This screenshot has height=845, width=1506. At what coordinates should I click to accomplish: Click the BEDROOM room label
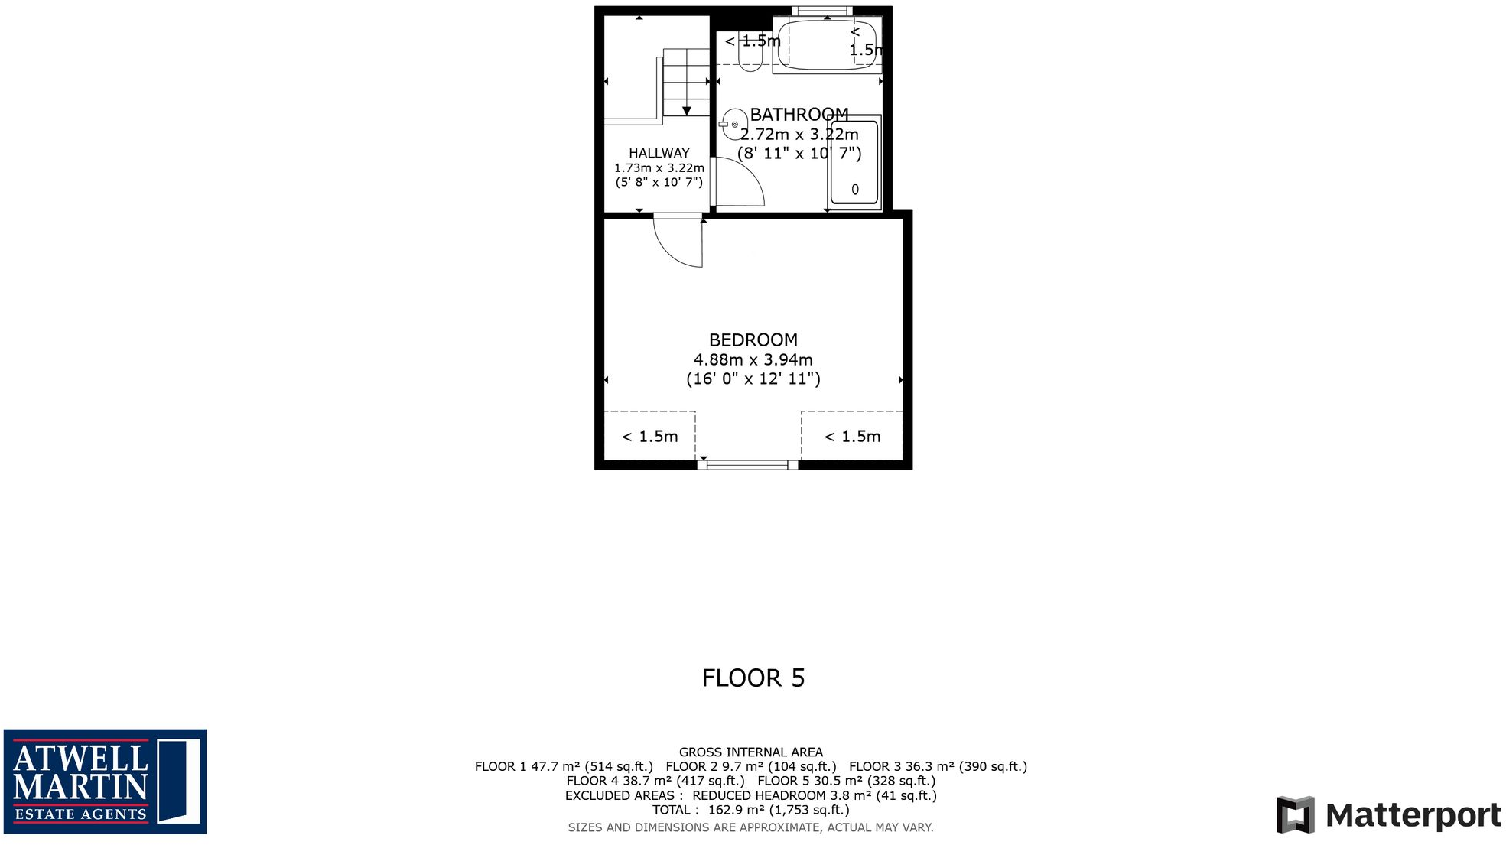[753, 340]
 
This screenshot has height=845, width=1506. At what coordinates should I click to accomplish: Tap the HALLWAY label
[659, 153]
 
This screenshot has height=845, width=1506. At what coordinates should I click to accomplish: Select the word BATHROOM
[799, 115]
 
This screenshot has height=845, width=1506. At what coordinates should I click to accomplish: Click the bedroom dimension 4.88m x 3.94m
[753, 359]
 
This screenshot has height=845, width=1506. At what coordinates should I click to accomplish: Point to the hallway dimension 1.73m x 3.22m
[659, 167]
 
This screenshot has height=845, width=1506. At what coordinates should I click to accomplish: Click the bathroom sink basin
[733, 124]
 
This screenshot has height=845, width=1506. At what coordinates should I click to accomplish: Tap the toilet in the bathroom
[750, 54]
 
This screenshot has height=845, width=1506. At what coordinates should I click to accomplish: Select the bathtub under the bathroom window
[826, 46]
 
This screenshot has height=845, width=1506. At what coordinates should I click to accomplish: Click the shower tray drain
[854, 189]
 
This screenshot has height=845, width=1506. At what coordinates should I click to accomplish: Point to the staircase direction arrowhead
[686, 111]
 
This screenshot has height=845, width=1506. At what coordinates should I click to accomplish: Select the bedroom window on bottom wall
[747, 464]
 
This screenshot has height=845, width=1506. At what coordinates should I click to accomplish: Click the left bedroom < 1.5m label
[649, 437]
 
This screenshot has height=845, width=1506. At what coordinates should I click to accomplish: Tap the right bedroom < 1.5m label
[852, 437]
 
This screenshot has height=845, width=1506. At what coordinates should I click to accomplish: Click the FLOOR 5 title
[753, 678]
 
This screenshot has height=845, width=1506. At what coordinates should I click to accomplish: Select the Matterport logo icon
[1294, 815]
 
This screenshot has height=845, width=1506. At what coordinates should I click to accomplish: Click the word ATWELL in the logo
[80, 758]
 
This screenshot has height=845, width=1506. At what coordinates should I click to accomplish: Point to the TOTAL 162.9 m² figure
[750, 810]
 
